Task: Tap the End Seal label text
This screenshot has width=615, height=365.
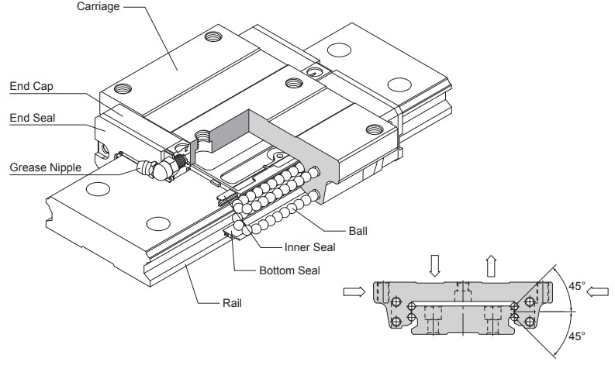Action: click(x=31, y=118)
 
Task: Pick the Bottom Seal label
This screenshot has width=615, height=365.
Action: click(x=288, y=271)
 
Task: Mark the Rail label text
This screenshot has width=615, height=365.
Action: click(x=231, y=303)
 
